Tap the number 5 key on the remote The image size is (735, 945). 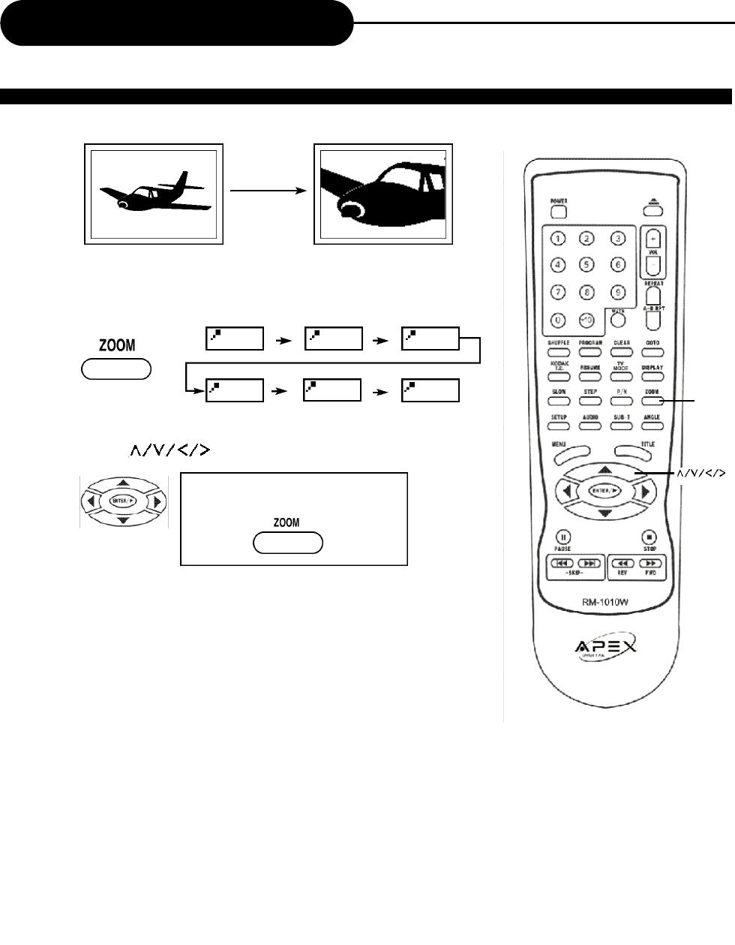(x=588, y=264)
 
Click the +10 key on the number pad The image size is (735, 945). (x=588, y=320)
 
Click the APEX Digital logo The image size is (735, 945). (x=606, y=647)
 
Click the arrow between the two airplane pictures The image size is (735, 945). (x=269, y=191)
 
